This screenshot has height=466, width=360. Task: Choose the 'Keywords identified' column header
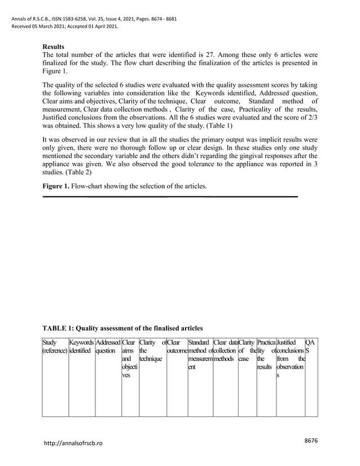point(82,346)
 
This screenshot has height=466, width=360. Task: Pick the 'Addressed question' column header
point(108,346)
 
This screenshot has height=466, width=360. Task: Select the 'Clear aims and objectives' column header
point(130,358)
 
